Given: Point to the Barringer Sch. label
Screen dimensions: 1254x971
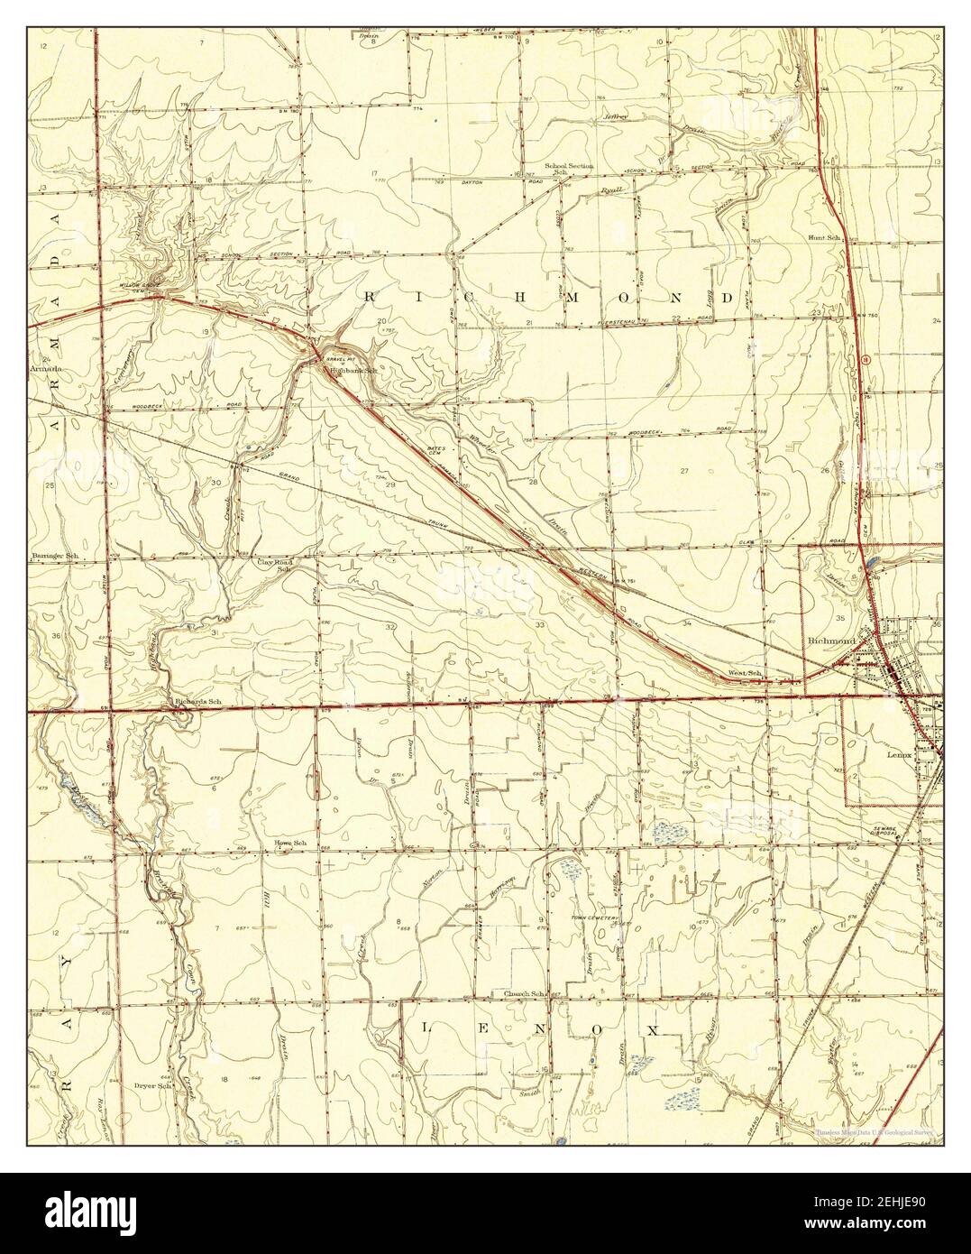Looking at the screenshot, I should pos(56,557).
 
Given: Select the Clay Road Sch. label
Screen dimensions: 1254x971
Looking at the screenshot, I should pos(276,566).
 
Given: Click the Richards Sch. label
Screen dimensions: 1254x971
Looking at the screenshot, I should pos(197,701).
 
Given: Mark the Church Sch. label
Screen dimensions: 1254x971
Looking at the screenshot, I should pos(526,993).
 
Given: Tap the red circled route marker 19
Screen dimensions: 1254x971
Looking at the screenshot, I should pos(865,359).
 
